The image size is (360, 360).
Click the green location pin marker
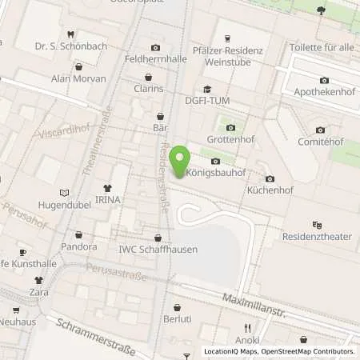[x=178, y=157]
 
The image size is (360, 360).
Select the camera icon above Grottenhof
[x=231, y=127]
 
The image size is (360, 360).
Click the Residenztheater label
[x=317, y=236]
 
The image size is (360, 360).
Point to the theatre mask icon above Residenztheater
[x=318, y=225]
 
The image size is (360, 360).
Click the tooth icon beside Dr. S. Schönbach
[x=71, y=34]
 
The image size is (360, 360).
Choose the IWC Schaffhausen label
[x=158, y=249]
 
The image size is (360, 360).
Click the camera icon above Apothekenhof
[x=324, y=80]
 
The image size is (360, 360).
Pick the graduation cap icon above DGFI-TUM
[x=207, y=89]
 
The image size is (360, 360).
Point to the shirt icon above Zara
[x=37, y=280]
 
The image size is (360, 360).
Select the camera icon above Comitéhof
[x=320, y=130]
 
